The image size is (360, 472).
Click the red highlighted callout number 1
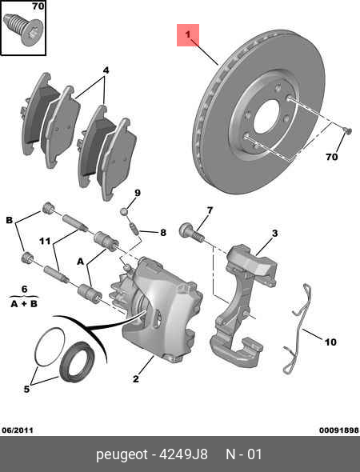(189, 35)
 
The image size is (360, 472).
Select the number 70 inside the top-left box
(36, 7)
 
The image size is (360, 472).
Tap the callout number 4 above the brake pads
(105, 70)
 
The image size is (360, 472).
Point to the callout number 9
(137, 193)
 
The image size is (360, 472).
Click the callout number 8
(162, 233)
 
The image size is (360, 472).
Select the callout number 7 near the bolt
(210, 211)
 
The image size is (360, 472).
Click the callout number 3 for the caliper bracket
(274, 234)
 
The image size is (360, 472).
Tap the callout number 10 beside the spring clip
(330, 342)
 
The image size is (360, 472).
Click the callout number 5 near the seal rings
(26, 390)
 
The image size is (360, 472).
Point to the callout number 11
(46, 241)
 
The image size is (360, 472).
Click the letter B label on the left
(10, 219)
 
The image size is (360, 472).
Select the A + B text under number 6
(25, 303)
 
